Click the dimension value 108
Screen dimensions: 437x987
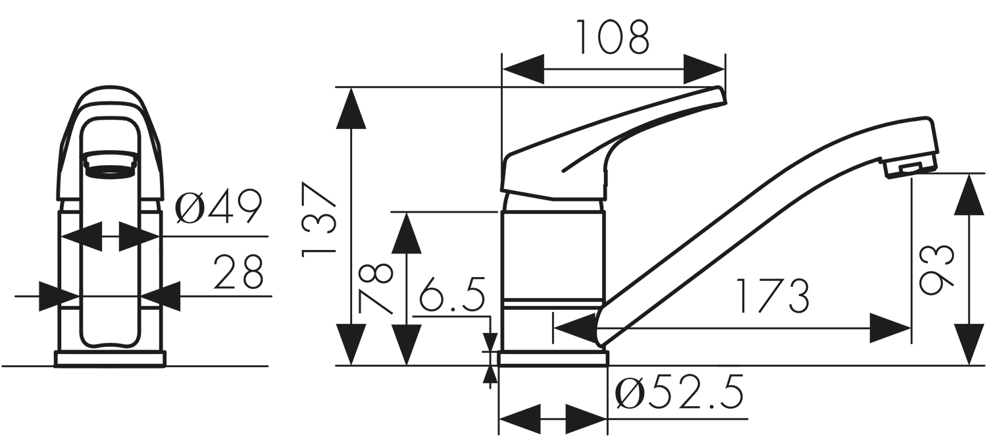point(613,38)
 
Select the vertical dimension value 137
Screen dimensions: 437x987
point(318,220)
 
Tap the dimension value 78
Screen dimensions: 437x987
point(376,288)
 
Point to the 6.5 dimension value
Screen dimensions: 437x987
point(452,296)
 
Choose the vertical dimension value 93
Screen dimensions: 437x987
point(936,269)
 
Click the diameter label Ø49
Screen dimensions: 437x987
point(218,209)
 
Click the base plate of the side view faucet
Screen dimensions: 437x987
point(553,359)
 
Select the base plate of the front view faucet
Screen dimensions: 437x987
point(110,359)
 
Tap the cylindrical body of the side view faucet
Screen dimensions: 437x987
point(552,257)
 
